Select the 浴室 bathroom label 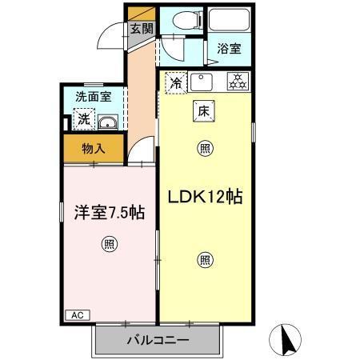pos(229,47)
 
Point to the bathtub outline pos(228,22)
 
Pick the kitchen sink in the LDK pos(202,80)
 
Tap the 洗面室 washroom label pos(93,97)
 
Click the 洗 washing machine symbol pos(83,121)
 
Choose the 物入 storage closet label pos(93,148)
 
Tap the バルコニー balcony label pos(158,341)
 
